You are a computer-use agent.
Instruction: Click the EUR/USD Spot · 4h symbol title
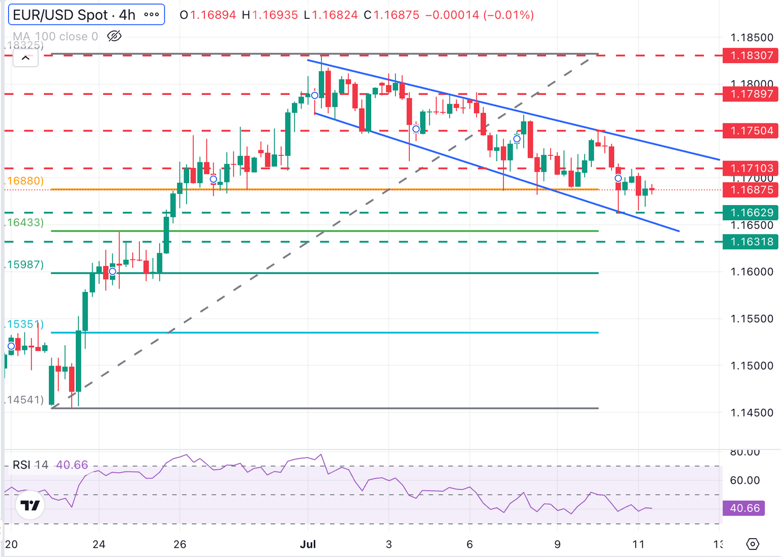coord(74,15)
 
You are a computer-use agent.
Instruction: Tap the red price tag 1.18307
coord(751,55)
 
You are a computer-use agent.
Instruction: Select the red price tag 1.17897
coord(751,94)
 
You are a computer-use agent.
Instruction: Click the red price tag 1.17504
coord(751,131)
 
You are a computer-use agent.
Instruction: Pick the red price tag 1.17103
coord(751,168)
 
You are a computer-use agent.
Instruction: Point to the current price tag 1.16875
coord(751,190)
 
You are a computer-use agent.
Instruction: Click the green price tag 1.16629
coord(751,213)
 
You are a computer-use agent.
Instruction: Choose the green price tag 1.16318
coord(751,242)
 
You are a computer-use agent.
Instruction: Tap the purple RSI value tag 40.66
coord(744,508)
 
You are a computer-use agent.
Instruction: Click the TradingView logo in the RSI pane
coord(30,505)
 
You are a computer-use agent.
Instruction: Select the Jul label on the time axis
coord(308,544)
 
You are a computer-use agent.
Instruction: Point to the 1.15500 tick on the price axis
coord(752,319)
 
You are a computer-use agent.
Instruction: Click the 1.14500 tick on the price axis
coord(752,413)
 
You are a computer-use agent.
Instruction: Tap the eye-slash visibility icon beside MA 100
coord(114,36)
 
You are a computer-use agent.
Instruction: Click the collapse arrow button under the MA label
coord(25,58)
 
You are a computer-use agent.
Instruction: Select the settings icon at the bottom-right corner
coord(753,544)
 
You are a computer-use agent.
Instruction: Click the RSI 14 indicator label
coord(31,465)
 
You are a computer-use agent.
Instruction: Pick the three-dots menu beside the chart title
coord(152,15)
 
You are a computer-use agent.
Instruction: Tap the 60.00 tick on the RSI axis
coord(744,480)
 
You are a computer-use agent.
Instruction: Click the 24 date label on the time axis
coord(99,544)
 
